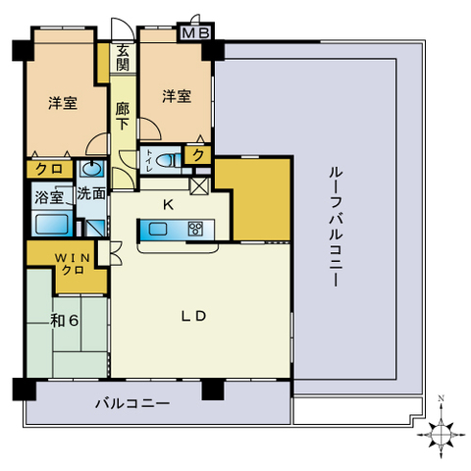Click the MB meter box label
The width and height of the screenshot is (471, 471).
(x=195, y=33)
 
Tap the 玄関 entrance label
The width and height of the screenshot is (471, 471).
(x=123, y=58)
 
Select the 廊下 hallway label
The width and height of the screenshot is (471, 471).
(x=123, y=117)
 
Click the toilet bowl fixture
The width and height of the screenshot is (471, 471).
(x=168, y=160)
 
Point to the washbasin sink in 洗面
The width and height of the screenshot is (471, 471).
(x=91, y=168)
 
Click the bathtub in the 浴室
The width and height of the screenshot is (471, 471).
(x=52, y=224)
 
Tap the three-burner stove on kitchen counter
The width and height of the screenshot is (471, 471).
(x=195, y=229)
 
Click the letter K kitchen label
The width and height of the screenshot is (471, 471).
(x=168, y=205)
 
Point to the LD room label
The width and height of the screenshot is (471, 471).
(x=193, y=316)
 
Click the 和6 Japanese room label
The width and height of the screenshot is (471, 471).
(x=65, y=321)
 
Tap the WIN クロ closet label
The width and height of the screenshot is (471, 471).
(x=73, y=264)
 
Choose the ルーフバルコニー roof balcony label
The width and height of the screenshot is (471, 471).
(x=336, y=227)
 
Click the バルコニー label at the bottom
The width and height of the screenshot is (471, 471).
(x=132, y=403)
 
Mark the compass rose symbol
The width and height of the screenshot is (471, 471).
(x=442, y=434)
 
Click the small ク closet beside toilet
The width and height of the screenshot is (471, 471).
(x=198, y=155)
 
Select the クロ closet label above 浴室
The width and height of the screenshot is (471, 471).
(x=49, y=169)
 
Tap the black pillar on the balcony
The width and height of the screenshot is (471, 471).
(x=213, y=389)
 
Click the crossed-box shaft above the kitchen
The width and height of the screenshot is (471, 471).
(x=199, y=186)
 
